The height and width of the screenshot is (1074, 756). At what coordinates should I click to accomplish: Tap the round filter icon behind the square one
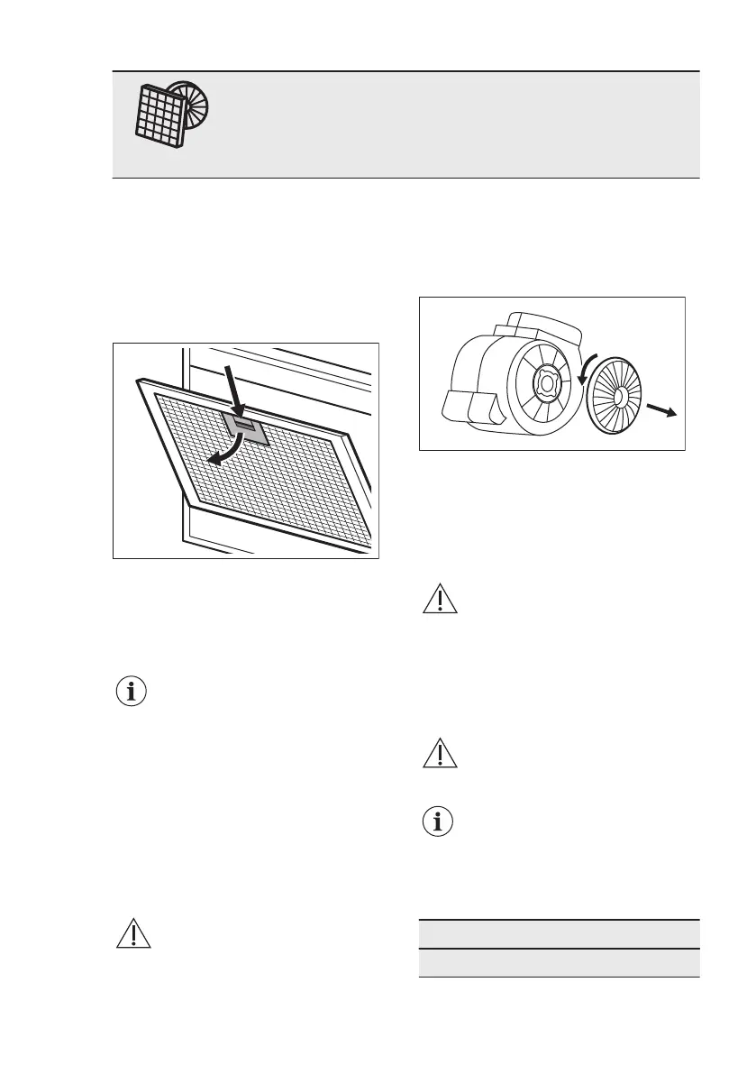[191, 100]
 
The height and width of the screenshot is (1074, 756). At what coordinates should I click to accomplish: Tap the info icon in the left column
[134, 693]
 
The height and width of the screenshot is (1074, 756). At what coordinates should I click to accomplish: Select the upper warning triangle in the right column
[441, 601]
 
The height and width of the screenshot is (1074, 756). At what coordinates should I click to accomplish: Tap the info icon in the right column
[441, 822]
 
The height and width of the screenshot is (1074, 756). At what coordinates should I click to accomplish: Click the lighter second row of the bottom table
[559, 962]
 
